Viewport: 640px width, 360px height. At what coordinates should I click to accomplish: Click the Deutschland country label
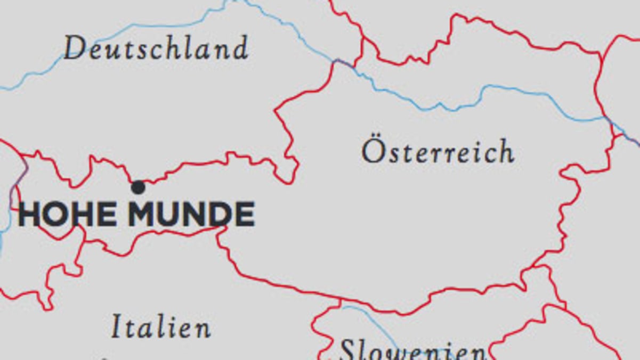tap(156, 48)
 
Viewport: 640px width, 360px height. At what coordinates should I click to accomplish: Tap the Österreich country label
tap(438, 152)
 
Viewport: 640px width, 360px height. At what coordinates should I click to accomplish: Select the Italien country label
tap(161, 326)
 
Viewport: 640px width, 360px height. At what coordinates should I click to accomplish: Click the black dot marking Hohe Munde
tap(138, 187)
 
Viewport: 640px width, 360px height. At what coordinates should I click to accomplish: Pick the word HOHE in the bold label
tap(68, 214)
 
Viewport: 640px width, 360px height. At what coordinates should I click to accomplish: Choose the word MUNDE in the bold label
tap(191, 214)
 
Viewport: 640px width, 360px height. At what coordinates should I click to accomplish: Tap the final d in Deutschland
tap(241, 48)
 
